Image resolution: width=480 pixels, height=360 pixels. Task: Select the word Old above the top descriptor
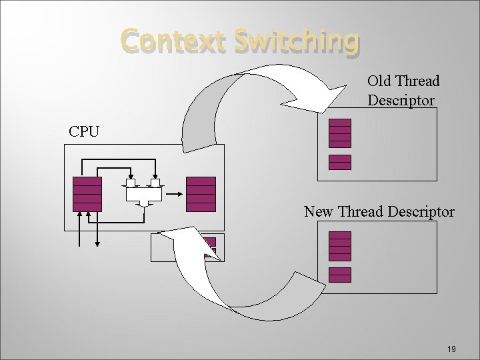(x=380, y=81)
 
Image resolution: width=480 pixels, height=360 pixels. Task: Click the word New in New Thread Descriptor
(x=319, y=212)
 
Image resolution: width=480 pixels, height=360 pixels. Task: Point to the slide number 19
(x=451, y=349)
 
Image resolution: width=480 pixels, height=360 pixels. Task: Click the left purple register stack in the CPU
(x=87, y=194)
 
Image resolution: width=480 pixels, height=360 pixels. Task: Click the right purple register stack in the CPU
(x=201, y=194)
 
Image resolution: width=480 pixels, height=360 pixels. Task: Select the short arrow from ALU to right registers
(x=175, y=194)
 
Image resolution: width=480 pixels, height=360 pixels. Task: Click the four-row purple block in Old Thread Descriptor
(x=339, y=133)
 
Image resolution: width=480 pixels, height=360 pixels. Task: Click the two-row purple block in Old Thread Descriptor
(x=339, y=162)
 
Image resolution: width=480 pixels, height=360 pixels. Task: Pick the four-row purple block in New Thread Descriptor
(x=339, y=245)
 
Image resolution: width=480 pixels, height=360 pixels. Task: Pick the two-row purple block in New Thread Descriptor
(x=339, y=275)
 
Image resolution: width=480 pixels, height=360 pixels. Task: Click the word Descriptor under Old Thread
(x=401, y=100)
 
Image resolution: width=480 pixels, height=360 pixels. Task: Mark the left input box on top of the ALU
(x=131, y=182)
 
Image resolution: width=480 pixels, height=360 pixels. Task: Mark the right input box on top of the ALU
(x=155, y=182)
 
